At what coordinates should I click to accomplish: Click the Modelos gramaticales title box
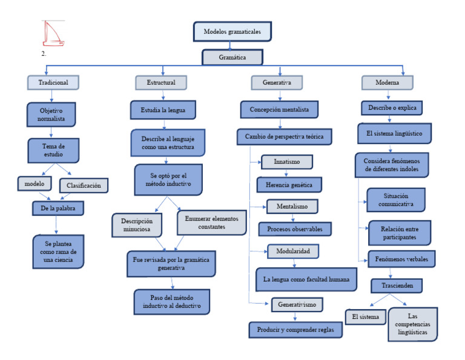click(x=232, y=32)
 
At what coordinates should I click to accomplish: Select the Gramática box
click(x=232, y=58)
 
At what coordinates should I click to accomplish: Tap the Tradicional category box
click(x=53, y=82)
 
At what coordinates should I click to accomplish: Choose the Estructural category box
click(x=160, y=82)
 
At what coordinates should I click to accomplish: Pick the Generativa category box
click(x=277, y=82)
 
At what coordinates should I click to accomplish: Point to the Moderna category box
click(x=387, y=82)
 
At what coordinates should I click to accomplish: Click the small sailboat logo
click(x=53, y=34)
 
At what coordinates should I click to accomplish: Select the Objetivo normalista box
click(x=51, y=115)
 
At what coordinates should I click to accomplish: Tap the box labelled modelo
click(x=35, y=184)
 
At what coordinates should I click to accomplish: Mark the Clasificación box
click(x=84, y=185)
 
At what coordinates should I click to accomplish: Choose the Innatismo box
click(x=287, y=162)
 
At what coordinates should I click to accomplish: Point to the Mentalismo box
click(x=292, y=207)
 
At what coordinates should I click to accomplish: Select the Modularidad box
click(x=293, y=250)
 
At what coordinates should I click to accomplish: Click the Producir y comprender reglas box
click(x=295, y=330)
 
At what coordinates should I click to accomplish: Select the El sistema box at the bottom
click(x=365, y=317)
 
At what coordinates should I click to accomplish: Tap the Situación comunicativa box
click(x=395, y=200)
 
